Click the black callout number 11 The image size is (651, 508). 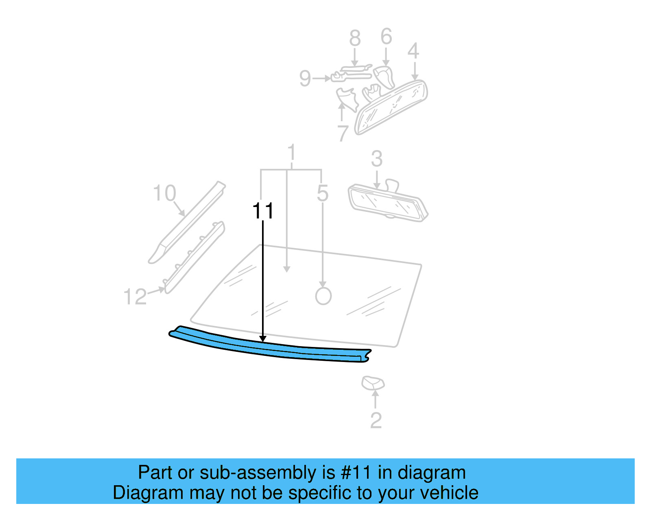click(263, 211)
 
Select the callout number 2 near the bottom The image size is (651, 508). click(376, 421)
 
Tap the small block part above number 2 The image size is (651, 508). click(373, 383)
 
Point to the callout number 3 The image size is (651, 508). click(377, 159)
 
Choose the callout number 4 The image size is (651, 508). click(413, 51)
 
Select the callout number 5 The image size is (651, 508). click(322, 193)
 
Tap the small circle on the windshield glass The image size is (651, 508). click(323, 296)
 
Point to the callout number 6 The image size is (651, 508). click(386, 37)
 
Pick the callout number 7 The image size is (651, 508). click(343, 133)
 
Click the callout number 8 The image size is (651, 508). click(355, 38)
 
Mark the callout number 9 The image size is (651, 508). click(305, 78)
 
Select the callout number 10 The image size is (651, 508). click(164, 193)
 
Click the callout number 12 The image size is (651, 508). click(135, 297)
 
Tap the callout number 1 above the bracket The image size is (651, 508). click(291, 153)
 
